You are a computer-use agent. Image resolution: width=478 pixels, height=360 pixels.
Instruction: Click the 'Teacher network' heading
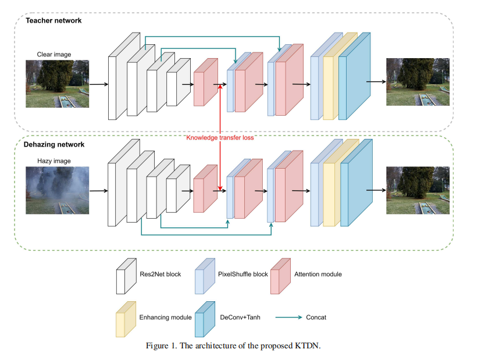tap(53, 21)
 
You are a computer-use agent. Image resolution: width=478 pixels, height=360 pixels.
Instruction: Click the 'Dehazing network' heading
tap(54, 144)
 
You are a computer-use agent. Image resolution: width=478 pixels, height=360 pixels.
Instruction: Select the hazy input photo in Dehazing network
tap(57, 190)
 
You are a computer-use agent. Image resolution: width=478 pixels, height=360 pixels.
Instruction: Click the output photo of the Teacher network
tap(418, 82)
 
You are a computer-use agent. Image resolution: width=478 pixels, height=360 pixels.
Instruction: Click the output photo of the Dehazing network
tap(418, 190)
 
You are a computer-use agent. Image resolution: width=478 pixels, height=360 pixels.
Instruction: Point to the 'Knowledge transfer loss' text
tap(220, 138)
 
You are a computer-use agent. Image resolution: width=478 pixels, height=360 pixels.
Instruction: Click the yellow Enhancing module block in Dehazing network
tap(331, 192)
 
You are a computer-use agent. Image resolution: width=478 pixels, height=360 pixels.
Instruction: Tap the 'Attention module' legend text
tap(319, 273)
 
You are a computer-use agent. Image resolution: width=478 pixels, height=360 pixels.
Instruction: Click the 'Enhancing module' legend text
tap(166, 318)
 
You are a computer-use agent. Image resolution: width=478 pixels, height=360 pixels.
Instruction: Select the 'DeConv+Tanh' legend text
tap(240, 318)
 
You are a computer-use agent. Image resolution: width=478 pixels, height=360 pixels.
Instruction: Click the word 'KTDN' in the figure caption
tap(309, 346)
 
